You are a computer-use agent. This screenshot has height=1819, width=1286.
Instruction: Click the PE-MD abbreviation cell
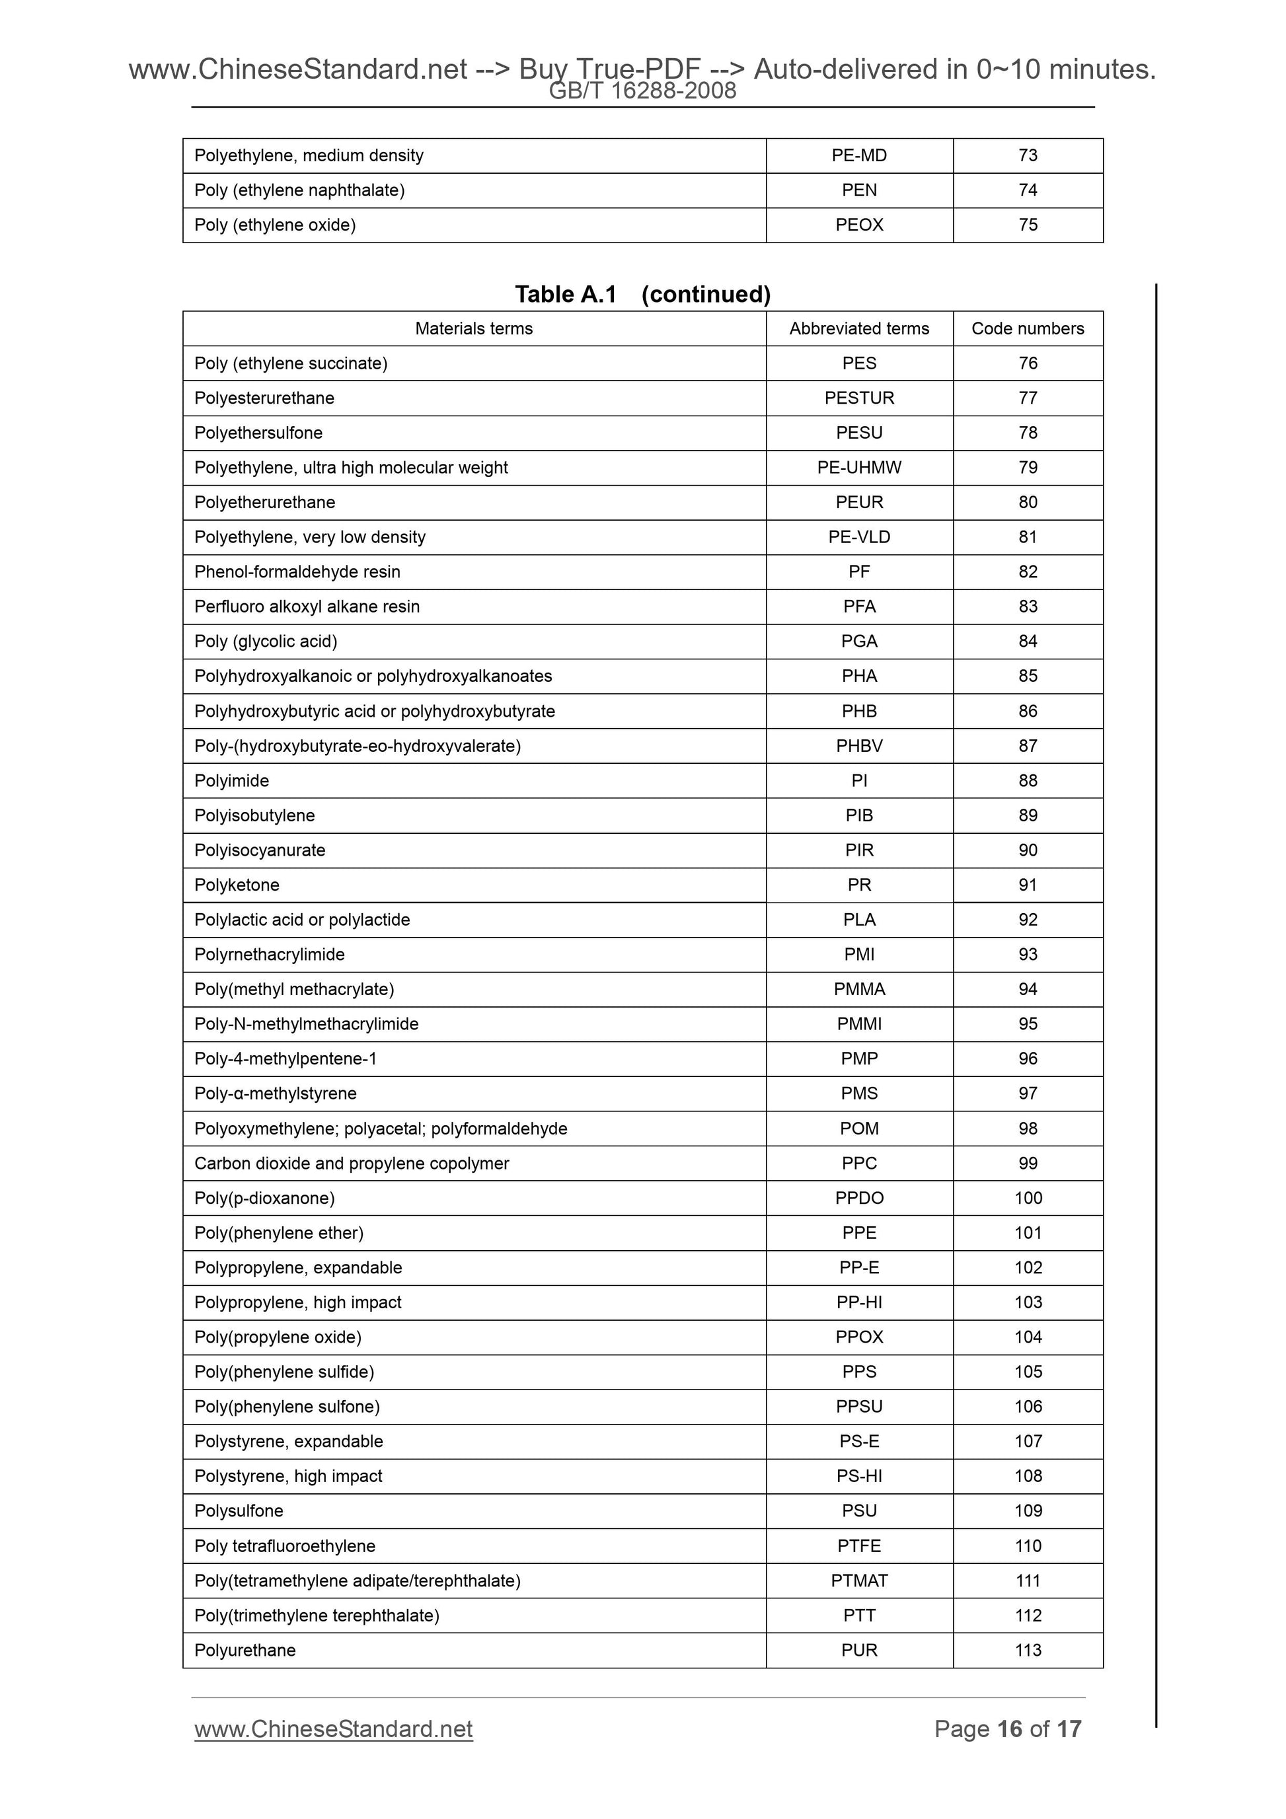coord(859,155)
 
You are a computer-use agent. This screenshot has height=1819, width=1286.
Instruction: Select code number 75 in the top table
coord(1028,225)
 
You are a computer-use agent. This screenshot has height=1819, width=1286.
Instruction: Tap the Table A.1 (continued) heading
coord(642,294)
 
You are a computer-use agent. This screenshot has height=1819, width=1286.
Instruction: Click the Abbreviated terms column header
coord(859,329)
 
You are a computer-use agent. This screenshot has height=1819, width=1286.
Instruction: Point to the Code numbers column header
coord(1028,329)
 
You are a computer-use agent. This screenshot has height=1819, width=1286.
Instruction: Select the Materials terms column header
coord(474,329)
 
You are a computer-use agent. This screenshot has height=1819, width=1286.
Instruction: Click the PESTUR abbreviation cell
coord(859,398)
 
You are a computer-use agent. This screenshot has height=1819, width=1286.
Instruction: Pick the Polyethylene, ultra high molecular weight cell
coord(351,467)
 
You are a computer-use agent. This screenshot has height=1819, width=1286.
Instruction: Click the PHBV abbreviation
coord(859,745)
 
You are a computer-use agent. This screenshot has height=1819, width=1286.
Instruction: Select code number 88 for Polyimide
coord(1028,780)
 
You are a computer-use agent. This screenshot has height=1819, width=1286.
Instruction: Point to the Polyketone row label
coord(237,885)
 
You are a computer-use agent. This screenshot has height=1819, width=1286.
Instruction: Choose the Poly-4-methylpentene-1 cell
coord(285,1058)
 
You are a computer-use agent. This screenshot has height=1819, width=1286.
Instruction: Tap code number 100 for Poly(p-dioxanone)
coord(1028,1198)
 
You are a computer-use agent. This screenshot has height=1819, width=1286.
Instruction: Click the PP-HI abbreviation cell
coord(859,1302)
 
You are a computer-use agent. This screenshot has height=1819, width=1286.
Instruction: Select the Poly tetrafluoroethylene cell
coord(284,1545)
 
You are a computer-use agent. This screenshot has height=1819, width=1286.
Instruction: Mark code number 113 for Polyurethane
coord(1028,1651)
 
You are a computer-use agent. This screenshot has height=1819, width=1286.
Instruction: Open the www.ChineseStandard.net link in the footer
coord(334,1728)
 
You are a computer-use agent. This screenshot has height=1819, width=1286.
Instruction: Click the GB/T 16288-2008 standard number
coord(642,91)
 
